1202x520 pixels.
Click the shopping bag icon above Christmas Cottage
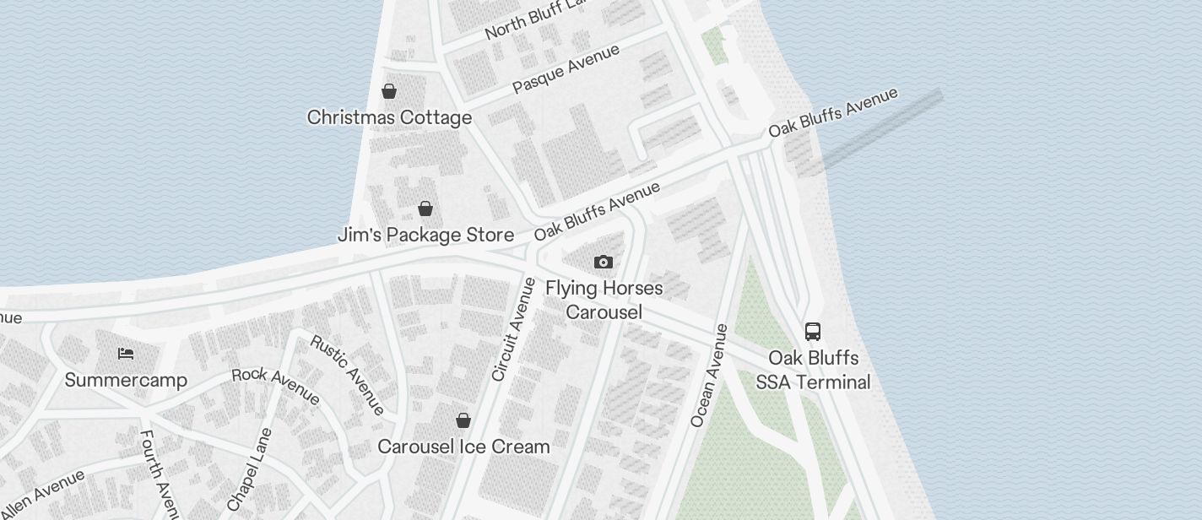pos(389,91)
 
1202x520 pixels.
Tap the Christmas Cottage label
pos(389,117)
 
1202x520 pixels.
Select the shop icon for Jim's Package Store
pos(425,209)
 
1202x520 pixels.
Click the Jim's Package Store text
pos(425,235)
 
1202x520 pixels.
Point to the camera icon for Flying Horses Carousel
pos(603,263)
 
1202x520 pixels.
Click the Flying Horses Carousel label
pos(604,300)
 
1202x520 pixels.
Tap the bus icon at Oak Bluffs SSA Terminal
pos(813,332)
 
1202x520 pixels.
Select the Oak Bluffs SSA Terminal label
pos(813,370)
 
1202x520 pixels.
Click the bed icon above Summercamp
pos(126,354)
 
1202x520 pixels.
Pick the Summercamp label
pos(126,380)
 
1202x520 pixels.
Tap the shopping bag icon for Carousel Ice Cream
pos(463,420)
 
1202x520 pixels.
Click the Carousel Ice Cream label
pos(463,447)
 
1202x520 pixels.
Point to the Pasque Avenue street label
pos(566,69)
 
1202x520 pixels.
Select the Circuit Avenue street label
pos(513,329)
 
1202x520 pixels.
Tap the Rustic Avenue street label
pos(347,375)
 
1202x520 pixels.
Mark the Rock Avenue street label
pos(275,385)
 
